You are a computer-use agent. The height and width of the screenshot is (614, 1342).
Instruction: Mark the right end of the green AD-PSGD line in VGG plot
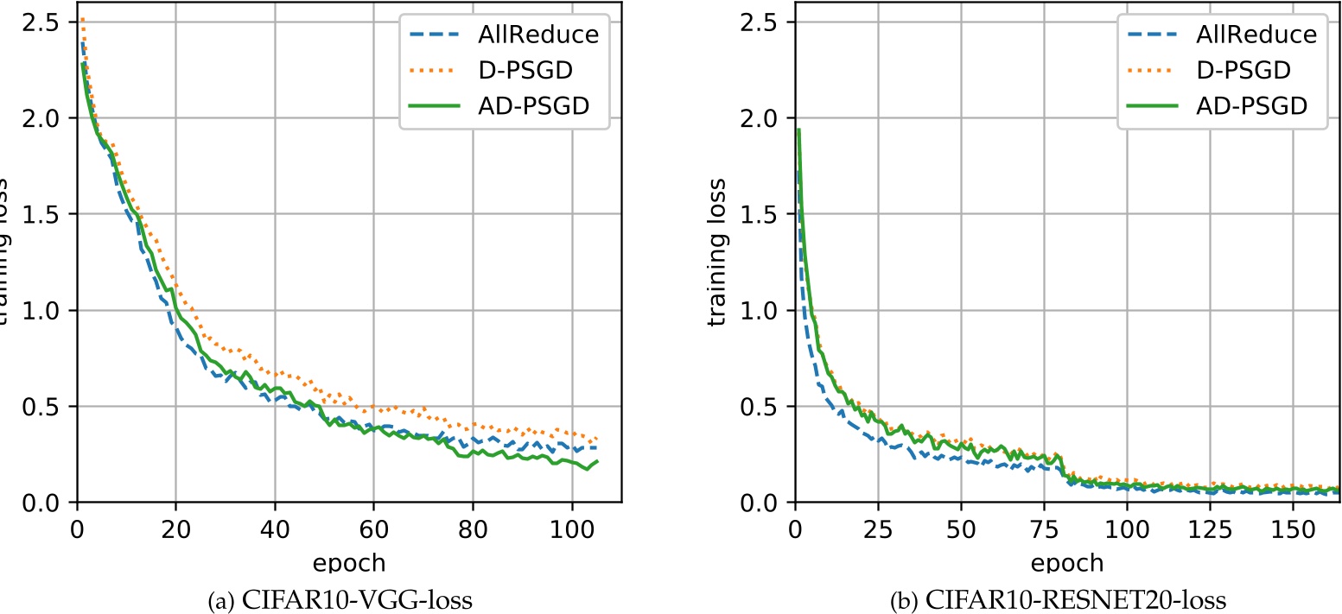597,461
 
